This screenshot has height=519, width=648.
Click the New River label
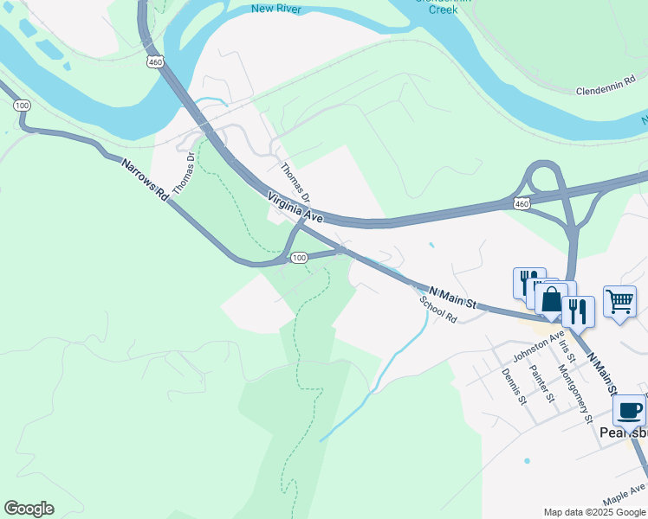click(x=275, y=9)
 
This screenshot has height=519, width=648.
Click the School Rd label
click(x=438, y=308)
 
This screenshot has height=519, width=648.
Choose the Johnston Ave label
click(x=538, y=344)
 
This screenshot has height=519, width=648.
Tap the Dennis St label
click(x=514, y=386)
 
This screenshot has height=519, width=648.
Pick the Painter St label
click(x=541, y=383)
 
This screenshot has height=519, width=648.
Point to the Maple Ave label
click(x=624, y=496)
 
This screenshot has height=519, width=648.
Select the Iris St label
click(x=567, y=350)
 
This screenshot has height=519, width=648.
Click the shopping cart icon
click(x=619, y=303)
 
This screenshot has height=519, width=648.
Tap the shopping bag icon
click(x=551, y=300)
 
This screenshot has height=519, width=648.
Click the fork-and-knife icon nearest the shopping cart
click(x=578, y=310)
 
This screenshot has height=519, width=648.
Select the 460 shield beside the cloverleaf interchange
click(x=521, y=203)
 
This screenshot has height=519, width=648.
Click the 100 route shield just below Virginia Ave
click(x=299, y=258)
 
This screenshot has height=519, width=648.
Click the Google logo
click(x=29, y=509)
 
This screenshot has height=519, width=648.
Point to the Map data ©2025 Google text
click(x=593, y=512)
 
